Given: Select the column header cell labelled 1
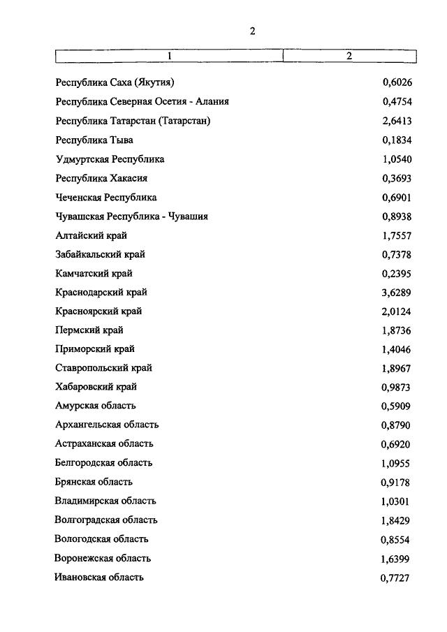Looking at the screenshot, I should pyautogui.click(x=168, y=55).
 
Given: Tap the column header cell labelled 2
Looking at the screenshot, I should pyautogui.click(x=349, y=55).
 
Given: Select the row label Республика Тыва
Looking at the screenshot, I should pyautogui.click(x=94, y=140).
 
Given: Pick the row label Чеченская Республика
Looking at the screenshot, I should pyautogui.click(x=106, y=198).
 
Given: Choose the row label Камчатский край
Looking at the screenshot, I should pyautogui.click(x=94, y=273).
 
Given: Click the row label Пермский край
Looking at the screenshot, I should pyautogui.click(x=89, y=330).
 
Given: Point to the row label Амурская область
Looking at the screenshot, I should pyautogui.click(x=96, y=405).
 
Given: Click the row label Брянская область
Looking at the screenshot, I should pyautogui.click(x=94, y=481).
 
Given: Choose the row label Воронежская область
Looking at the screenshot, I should pyautogui.click(x=103, y=558).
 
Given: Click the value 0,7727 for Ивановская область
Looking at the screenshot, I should pyautogui.click(x=396, y=577).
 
